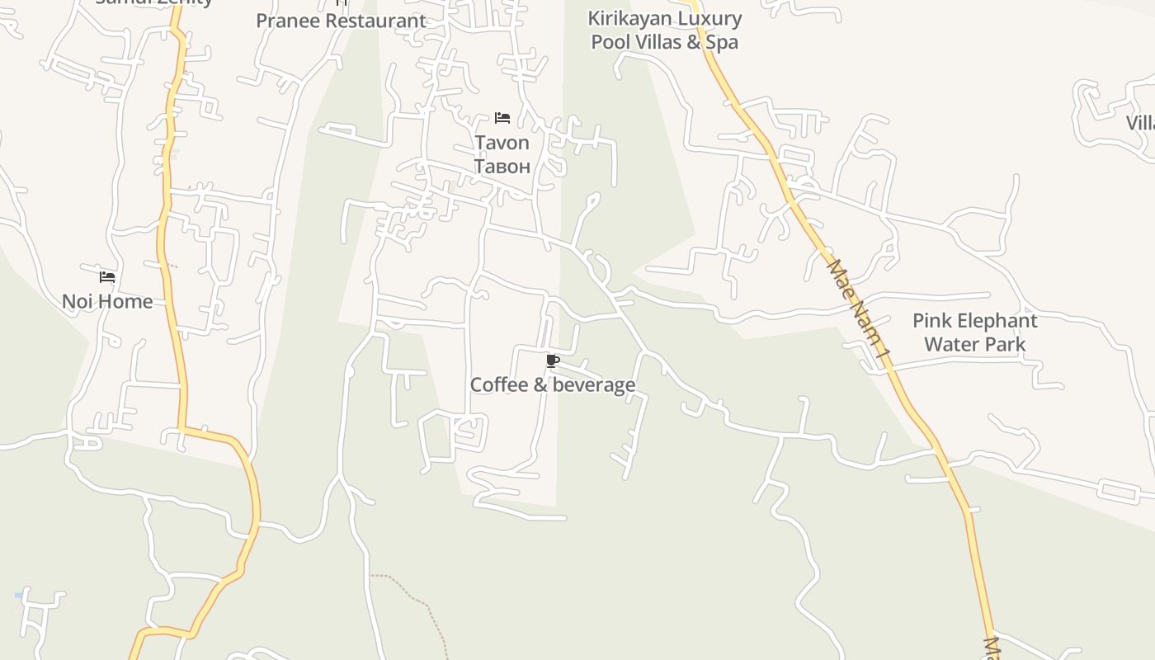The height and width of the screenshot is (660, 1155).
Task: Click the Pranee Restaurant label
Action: coord(341,21)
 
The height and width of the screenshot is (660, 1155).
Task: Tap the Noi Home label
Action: coord(107,301)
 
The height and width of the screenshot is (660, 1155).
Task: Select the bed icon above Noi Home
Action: coord(107,276)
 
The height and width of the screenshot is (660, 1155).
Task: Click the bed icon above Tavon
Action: coord(502,118)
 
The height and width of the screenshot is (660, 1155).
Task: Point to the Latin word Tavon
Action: coord(502,143)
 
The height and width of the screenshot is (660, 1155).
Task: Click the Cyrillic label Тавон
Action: coord(502,166)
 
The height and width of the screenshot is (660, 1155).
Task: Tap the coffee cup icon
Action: coord(553,361)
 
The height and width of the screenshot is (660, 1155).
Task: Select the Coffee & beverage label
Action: coord(552,384)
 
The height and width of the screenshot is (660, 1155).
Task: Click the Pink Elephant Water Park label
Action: coord(974,332)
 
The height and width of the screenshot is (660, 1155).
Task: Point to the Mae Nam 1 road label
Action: coord(860,310)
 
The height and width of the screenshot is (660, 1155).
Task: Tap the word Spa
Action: coord(722,42)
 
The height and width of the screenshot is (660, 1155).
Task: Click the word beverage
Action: coord(593,384)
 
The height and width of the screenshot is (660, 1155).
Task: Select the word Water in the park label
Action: coord(950,344)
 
